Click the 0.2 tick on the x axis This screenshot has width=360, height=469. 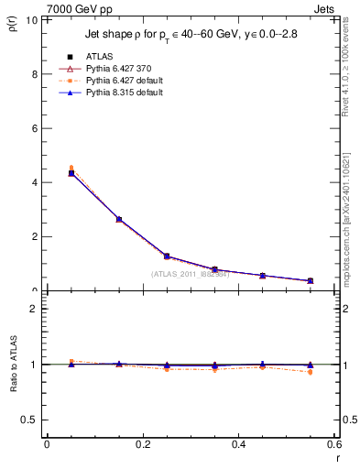pos(143,444)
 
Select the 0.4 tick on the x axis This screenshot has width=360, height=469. pos(239,444)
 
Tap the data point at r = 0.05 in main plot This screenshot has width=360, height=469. pos(71,173)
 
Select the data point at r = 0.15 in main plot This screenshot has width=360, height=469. pos(119,219)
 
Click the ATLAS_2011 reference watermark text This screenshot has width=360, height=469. pos(191,273)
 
